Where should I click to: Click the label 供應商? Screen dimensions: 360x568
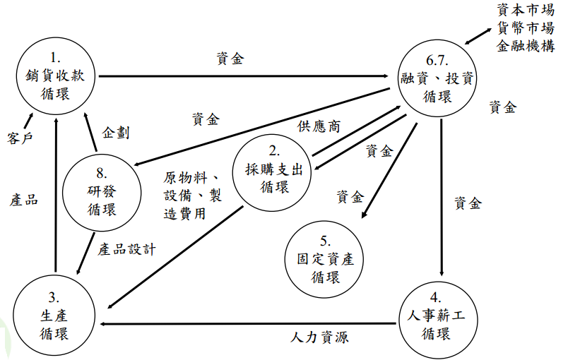pyautogui.click(x=319, y=127)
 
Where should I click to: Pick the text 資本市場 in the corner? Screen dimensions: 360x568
pyautogui.click(x=525, y=11)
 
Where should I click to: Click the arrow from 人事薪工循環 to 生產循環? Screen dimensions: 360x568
pyautogui.click(x=247, y=325)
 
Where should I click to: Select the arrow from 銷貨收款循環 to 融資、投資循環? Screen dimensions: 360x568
pyautogui.click(x=240, y=76)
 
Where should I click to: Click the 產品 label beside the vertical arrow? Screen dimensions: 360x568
pyautogui.click(x=24, y=200)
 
